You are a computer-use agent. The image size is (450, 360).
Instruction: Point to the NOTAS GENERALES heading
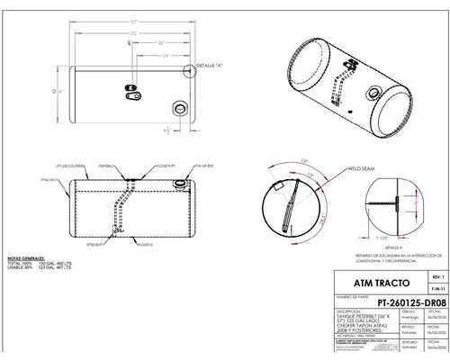point(26,256)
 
